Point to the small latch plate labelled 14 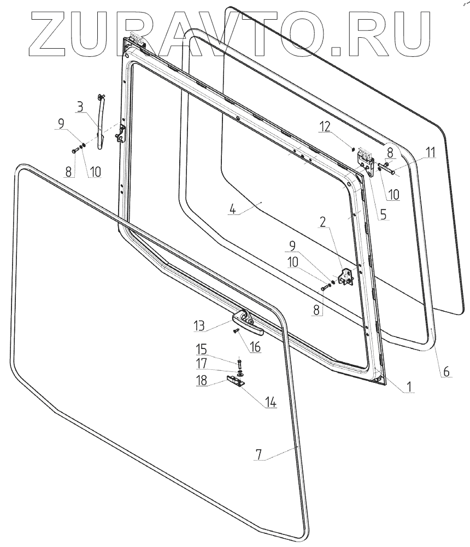click(238, 382)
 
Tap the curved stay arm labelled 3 click(101, 123)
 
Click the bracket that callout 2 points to click(345, 277)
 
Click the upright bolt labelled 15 click(239, 363)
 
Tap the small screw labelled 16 click(236, 331)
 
